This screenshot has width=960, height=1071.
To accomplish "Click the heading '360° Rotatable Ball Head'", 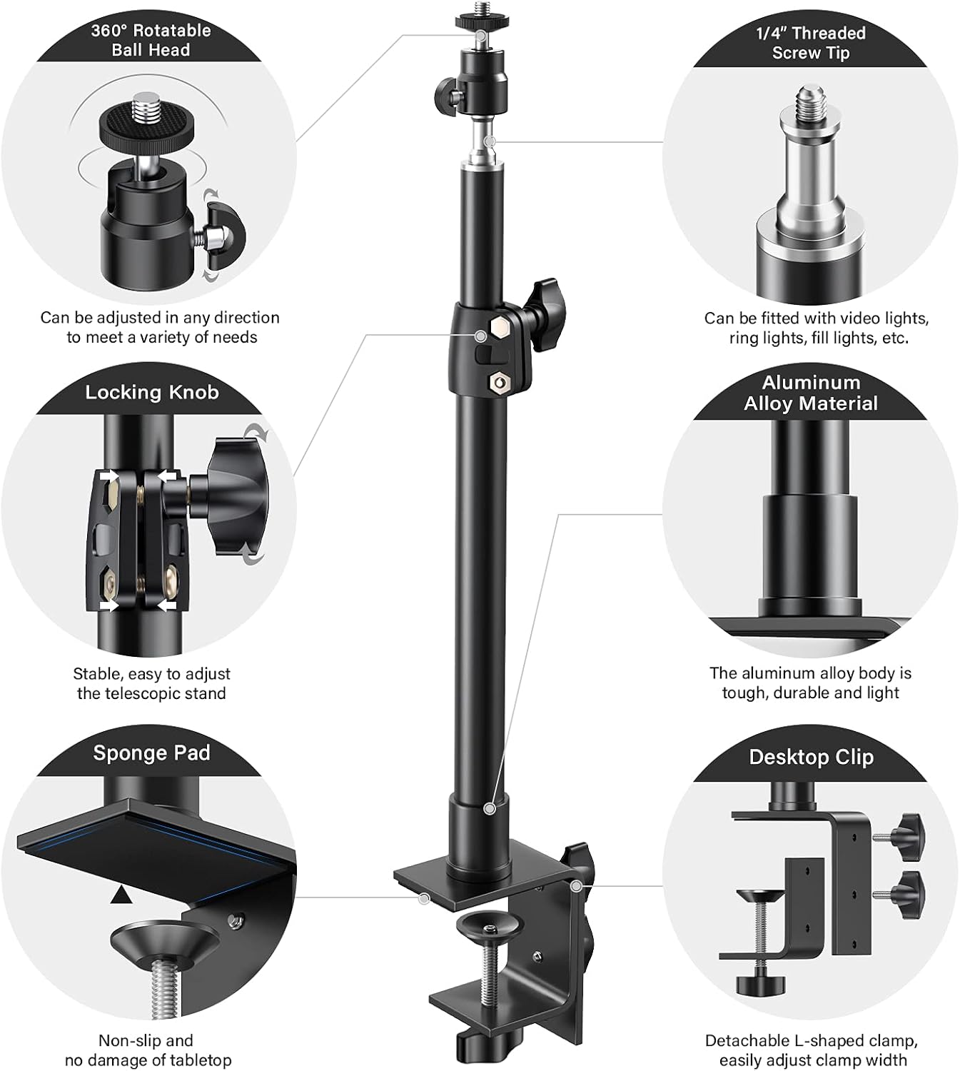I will coord(151,41).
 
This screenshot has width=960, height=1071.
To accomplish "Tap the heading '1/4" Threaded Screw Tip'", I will coord(811,43).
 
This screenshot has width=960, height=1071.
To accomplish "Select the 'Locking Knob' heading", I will coord(151,392).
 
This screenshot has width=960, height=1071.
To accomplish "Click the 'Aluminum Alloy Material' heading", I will coord(811,393).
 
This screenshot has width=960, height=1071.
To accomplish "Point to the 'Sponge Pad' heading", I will coord(151,753).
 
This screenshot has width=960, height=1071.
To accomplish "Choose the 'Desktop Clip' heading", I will coord(811,757).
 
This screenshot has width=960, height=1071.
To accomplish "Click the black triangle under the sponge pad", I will coord(121,894).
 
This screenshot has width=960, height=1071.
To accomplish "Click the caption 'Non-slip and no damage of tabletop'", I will coord(148,1050).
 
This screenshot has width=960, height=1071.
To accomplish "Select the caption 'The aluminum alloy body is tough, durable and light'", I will coord(811,683).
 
